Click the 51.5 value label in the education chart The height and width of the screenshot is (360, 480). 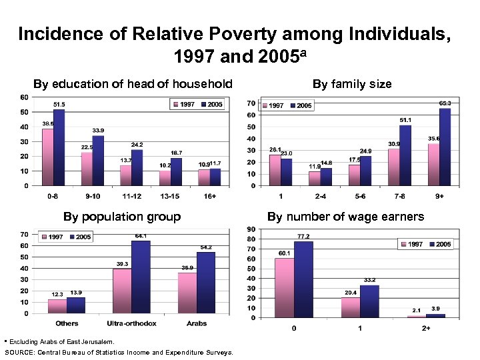pyautogui.click(x=59, y=105)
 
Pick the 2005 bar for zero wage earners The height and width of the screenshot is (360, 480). pyautogui.click(x=303, y=279)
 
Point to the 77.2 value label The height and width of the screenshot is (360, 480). pyautogui.click(x=303, y=237)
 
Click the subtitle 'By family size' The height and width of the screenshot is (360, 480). pyautogui.click(x=352, y=84)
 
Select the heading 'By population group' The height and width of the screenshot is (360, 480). pyautogui.click(x=121, y=216)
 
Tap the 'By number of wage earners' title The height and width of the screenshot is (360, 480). pyautogui.click(x=345, y=216)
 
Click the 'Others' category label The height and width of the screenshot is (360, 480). pyautogui.click(x=67, y=323)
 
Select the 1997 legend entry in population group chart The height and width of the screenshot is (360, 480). pyautogui.click(x=53, y=237)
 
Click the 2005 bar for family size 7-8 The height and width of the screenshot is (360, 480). pyautogui.click(x=405, y=155)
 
